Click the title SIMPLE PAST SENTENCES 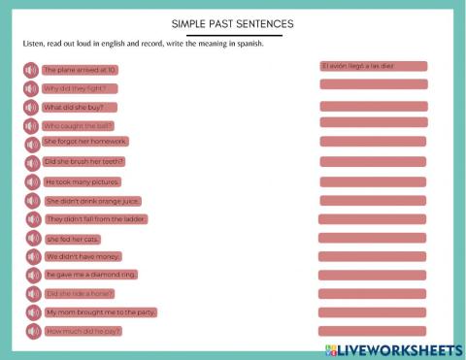pos(232,23)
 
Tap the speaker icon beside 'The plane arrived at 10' pos(31,70)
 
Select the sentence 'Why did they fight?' pos(76,88)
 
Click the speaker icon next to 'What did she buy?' pos(31,108)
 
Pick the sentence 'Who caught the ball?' pos(79,126)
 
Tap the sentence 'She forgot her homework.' pos(85,142)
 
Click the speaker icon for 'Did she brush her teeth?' pos(31,163)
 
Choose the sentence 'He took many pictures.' pos(83,181)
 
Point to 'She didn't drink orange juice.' pos(93,201)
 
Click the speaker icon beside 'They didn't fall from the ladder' pos(31,219)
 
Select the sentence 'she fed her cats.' pos(73,239)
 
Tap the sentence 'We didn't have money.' pos(83,257)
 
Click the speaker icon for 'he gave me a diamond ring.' pos(31,276)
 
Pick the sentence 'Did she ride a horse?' pos(81,293)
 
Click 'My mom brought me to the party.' pos(100,312)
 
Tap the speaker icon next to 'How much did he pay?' pos(31,332)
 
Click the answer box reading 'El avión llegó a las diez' pos(373,67)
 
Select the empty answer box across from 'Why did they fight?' pos(373,85)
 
